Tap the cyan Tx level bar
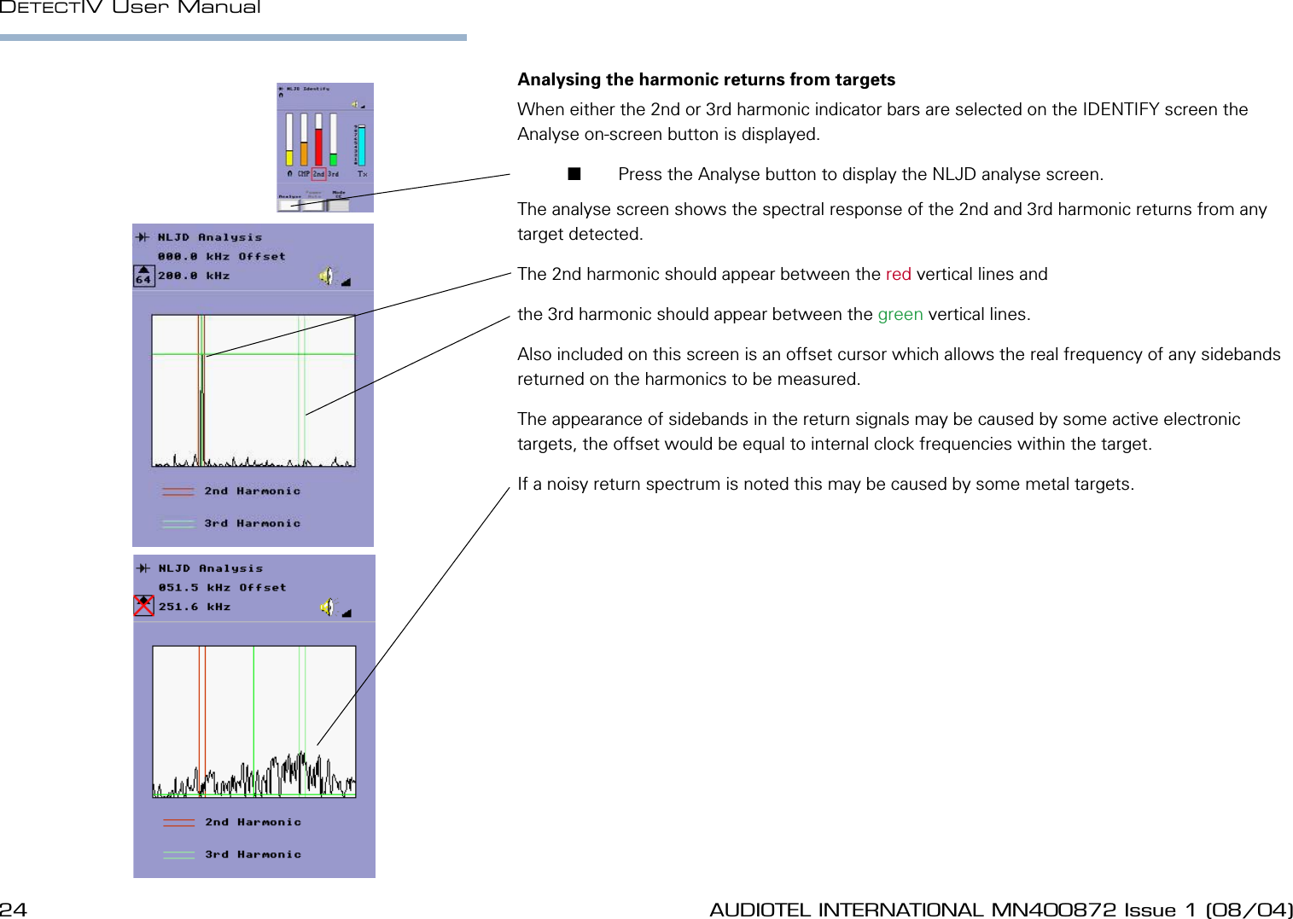point(361,144)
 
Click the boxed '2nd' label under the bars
point(318,174)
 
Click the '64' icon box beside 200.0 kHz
point(143,276)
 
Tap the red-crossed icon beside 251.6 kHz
point(143,606)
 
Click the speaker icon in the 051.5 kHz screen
point(328,607)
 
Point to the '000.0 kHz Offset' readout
point(221,256)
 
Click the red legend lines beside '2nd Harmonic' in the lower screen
point(178,823)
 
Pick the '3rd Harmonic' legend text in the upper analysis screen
point(253,523)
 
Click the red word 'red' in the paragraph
point(898,274)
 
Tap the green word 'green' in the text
point(900,314)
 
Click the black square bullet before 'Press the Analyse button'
point(574,174)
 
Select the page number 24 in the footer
point(14,910)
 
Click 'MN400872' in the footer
point(1053,910)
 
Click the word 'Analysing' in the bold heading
point(559,79)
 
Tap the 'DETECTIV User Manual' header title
point(131,8)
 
